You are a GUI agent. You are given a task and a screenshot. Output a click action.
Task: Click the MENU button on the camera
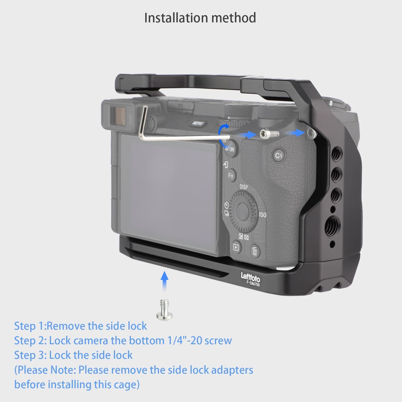pyautogui.click(x=198, y=124)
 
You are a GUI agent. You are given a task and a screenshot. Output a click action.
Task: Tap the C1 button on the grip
pyautogui.click(x=278, y=156)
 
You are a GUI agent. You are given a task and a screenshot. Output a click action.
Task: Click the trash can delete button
pyautogui.click(x=255, y=250)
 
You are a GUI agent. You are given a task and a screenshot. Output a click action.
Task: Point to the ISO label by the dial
pyautogui.click(x=263, y=215)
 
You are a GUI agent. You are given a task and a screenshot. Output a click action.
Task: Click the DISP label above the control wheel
pyautogui.click(x=243, y=187)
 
